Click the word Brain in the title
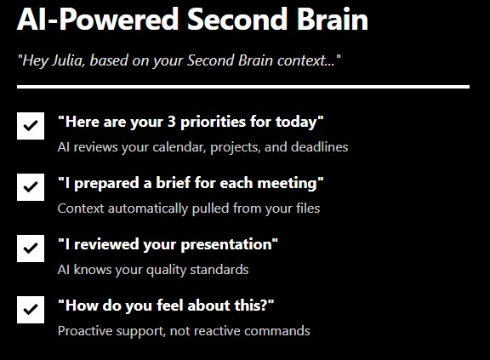point(331,19)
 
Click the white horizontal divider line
point(242,87)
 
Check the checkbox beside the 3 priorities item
point(31,125)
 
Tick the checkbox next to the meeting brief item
point(31,186)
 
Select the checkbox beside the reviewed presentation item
point(31,248)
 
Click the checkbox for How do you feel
point(31,310)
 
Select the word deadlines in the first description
point(317,147)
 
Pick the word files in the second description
point(305,208)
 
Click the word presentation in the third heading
point(228,244)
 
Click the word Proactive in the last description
point(84,331)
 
